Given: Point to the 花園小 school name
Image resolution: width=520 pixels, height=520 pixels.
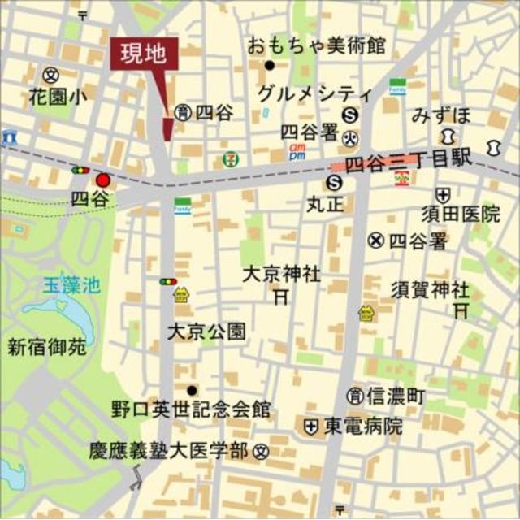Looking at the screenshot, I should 58,96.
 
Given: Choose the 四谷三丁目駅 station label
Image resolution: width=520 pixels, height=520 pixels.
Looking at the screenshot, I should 408,162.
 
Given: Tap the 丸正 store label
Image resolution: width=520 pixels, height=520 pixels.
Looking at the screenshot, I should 326,204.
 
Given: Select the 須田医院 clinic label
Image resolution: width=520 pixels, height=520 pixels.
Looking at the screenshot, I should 461,214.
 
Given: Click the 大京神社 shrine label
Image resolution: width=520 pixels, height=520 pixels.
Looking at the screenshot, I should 282,275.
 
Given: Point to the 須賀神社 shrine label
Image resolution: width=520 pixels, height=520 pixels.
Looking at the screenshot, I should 430,288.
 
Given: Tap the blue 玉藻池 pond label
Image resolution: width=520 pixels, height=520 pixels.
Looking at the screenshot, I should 71,285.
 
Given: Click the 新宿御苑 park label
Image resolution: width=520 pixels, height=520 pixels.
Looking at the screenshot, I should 46,348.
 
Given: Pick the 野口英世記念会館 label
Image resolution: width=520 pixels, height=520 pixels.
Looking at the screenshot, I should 192,409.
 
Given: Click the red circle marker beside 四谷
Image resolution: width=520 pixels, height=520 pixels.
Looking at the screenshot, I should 102,180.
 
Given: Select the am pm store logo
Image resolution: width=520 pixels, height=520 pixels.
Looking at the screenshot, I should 298,150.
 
